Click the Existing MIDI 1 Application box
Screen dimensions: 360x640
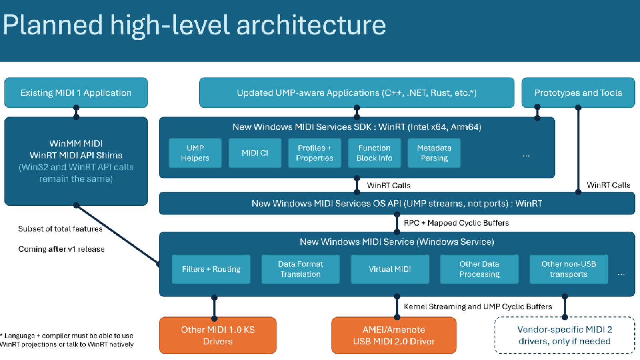[x=76, y=93]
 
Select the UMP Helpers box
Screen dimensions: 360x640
[x=195, y=153]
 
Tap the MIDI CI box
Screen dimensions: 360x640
[x=255, y=153]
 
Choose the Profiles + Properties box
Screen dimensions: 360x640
[x=314, y=153]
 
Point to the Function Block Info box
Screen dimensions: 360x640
[x=374, y=153]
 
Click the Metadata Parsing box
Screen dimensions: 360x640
[x=434, y=153]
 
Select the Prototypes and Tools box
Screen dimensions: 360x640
[x=578, y=93]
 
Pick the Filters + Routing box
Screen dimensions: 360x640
[x=211, y=269]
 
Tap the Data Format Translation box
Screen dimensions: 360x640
[x=300, y=269]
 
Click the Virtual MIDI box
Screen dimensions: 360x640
[x=390, y=269]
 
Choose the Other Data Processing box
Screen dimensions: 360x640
[x=479, y=269]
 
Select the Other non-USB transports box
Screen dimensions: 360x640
[x=568, y=269]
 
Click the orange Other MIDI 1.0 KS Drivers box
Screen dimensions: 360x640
[x=218, y=335]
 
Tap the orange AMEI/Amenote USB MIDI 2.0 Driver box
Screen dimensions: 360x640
[x=394, y=335]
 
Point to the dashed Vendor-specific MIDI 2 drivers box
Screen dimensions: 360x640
[x=564, y=335]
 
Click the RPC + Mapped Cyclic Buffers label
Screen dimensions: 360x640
[x=456, y=223]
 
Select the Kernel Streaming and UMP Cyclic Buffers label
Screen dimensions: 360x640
[x=478, y=306]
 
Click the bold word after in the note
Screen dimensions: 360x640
[x=57, y=249]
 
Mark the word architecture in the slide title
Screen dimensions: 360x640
[x=311, y=25]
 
